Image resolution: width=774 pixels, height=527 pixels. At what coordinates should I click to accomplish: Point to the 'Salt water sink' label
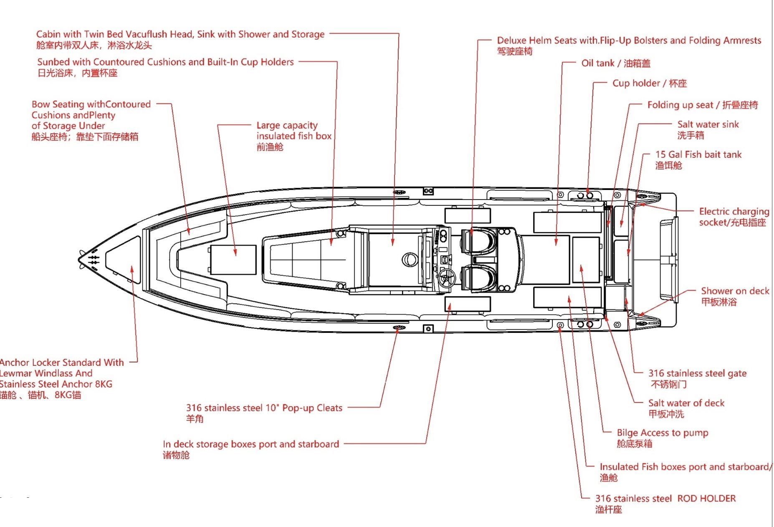(x=708, y=124)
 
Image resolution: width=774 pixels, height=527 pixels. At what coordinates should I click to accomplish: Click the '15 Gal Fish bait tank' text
(x=698, y=155)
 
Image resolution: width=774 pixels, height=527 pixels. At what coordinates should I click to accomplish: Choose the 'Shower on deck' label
(x=735, y=291)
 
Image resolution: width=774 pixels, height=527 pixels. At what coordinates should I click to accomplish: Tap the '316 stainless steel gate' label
(x=697, y=373)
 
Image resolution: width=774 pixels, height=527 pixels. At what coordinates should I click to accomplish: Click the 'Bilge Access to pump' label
(x=662, y=433)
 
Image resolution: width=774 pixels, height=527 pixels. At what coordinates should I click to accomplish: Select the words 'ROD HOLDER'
(x=706, y=498)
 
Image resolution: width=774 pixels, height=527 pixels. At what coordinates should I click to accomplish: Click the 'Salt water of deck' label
(x=686, y=403)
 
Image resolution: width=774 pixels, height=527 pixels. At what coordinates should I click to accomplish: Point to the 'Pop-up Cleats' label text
(x=312, y=408)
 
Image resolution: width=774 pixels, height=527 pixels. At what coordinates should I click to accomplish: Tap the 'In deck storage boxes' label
(x=250, y=444)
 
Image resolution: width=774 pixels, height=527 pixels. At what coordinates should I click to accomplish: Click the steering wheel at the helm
(x=447, y=277)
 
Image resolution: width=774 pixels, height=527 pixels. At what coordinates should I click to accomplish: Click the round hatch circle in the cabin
(x=410, y=260)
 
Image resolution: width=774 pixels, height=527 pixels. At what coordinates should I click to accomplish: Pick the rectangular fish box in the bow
(x=233, y=260)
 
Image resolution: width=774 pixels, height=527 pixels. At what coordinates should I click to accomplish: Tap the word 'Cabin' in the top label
(x=48, y=34)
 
